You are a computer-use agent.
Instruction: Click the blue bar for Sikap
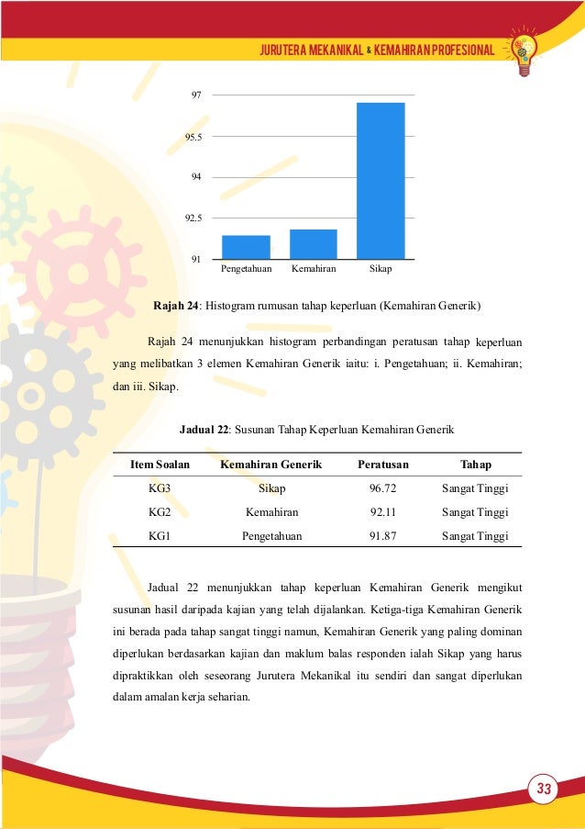381,181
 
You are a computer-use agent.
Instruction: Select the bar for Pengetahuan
246,247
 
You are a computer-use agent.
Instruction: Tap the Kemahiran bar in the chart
314,244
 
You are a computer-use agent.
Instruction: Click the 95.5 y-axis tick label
193,136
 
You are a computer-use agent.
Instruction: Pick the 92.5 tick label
193,218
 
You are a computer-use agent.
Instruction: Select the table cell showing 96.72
383,489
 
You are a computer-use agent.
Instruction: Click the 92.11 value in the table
383,512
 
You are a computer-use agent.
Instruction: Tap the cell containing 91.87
383,535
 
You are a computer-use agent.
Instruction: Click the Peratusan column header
383,465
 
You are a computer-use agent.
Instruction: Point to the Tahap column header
475,465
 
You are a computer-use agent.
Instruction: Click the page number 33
544,789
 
